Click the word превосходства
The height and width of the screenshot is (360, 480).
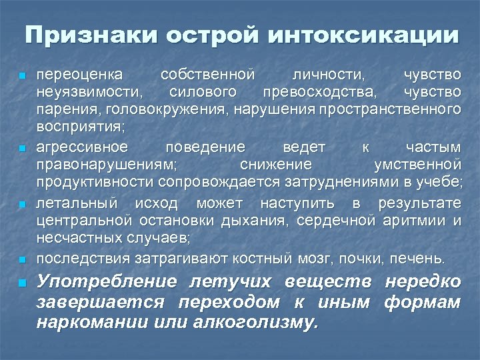321,91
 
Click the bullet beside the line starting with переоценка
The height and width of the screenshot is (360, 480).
23,75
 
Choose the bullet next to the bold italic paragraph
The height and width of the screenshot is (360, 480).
23,283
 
